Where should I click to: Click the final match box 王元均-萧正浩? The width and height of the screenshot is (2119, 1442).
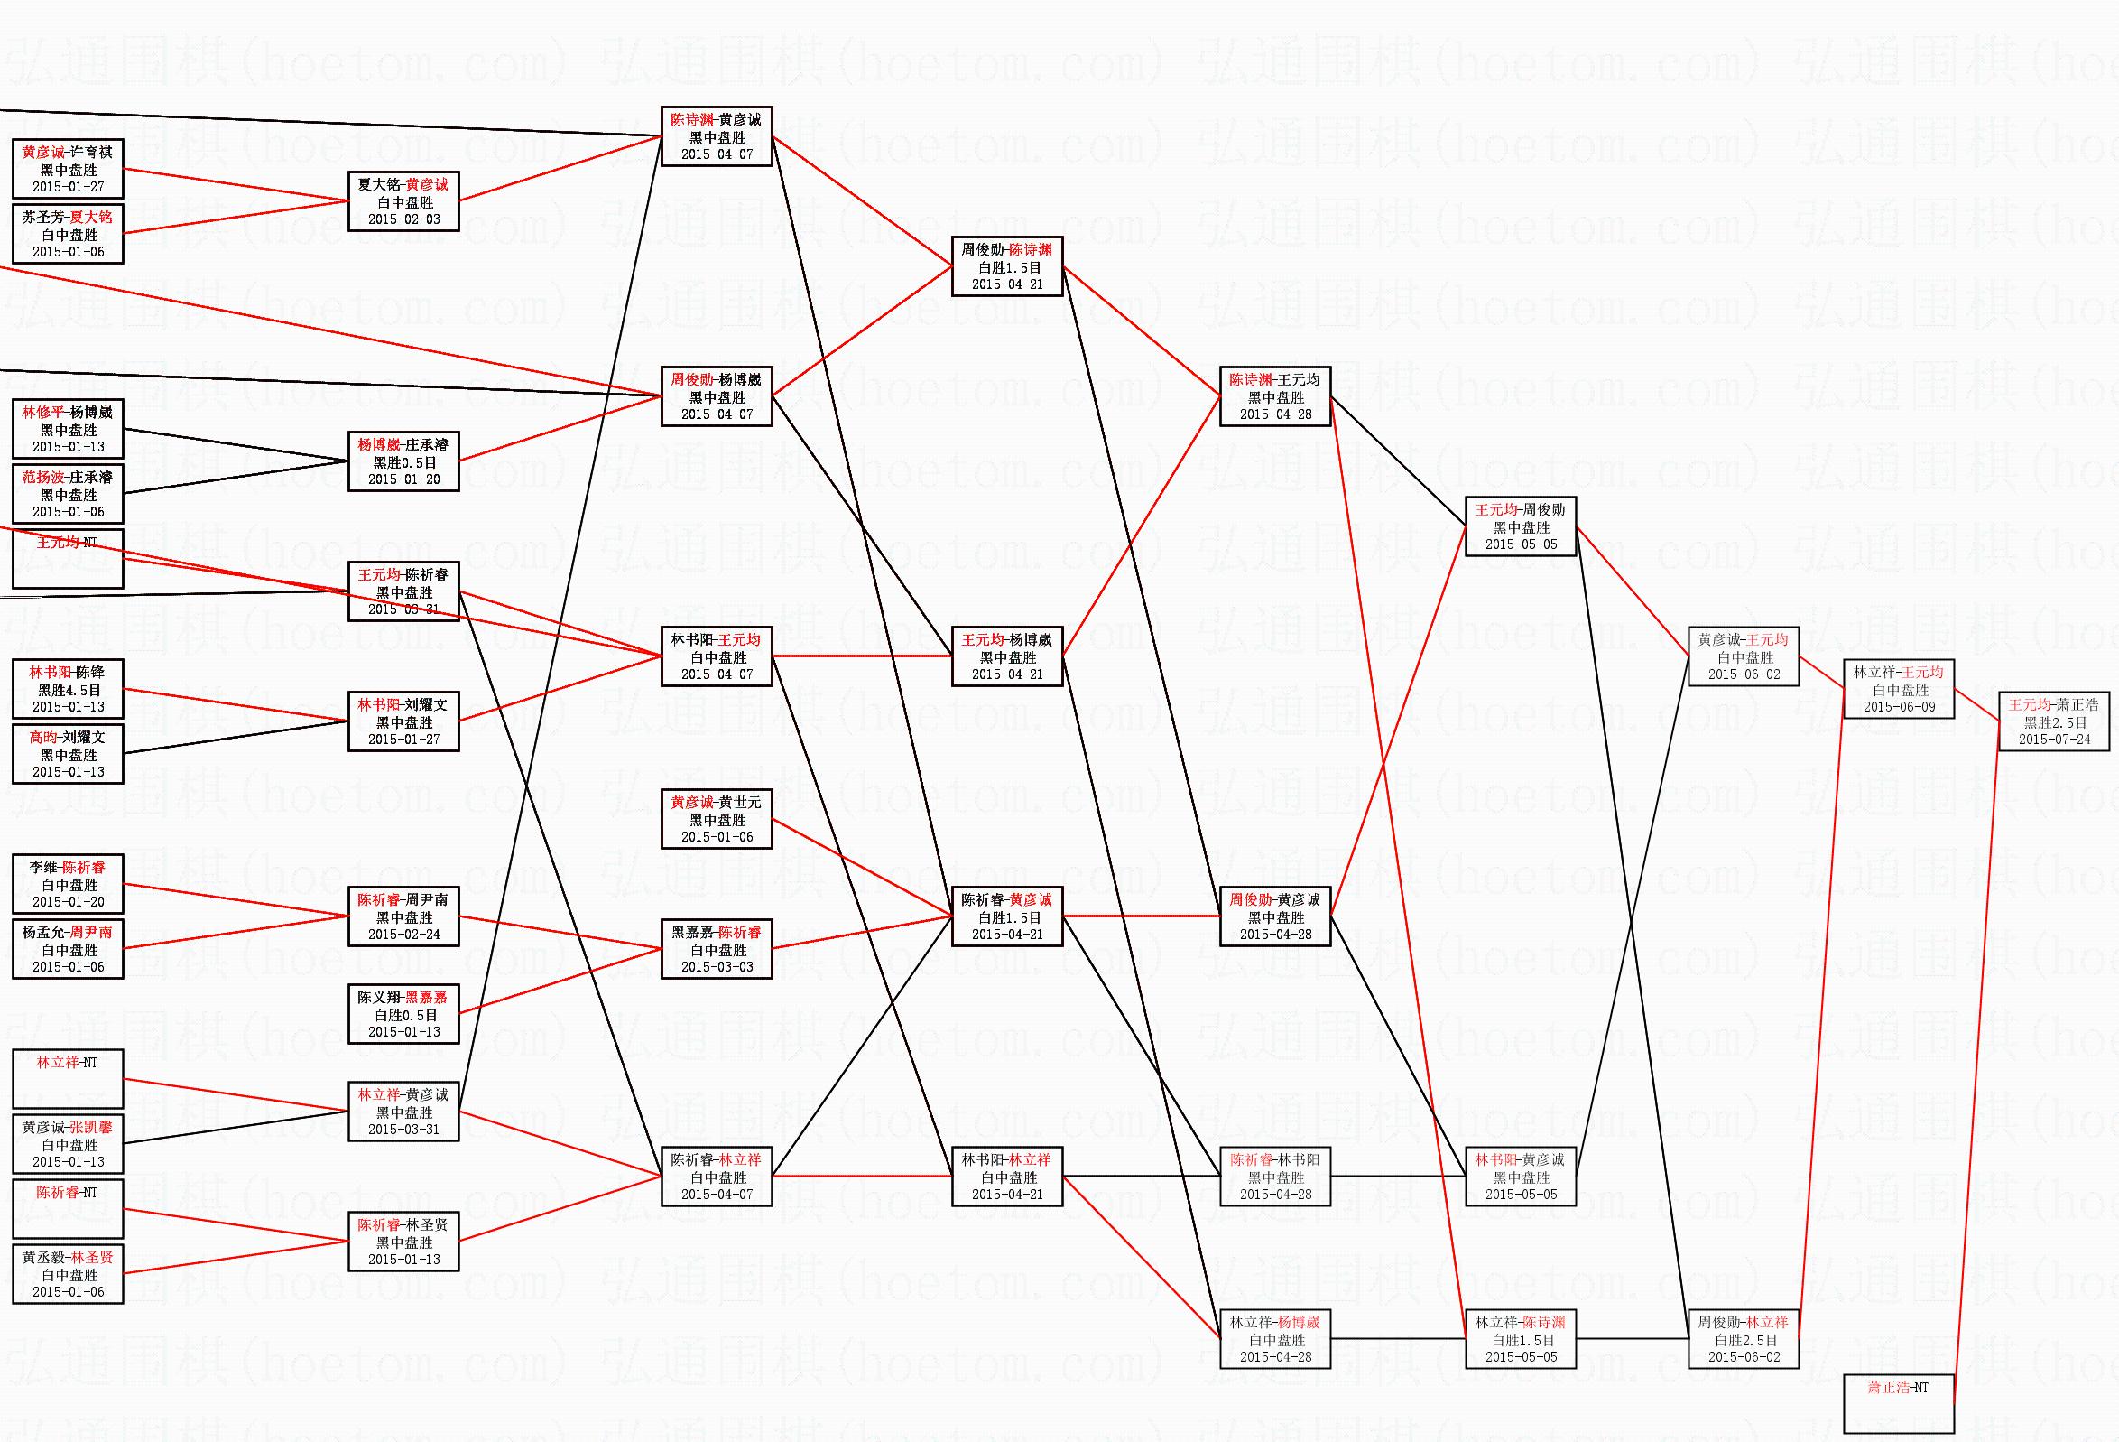tap(2053, 721)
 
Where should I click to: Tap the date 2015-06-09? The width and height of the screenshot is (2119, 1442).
tap(1899, 707)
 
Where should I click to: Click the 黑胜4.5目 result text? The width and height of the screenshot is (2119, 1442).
tap(69, 691)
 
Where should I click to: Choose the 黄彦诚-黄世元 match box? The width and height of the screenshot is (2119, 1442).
tap(717, 819)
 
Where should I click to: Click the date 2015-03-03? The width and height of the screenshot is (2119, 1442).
tap(717, 967)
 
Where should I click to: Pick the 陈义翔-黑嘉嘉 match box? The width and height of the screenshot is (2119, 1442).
tap(403, 1013)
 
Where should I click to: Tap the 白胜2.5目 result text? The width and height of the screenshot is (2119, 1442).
tap(1744, 1340)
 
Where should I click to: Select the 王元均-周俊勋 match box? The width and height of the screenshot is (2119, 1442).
tap(1520, 526)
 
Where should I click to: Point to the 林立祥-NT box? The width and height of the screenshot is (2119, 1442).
tap(68, 1079)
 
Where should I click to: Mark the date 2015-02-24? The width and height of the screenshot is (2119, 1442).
tap(403, 934)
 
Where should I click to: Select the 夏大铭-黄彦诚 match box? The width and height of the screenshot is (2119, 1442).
tap(403, 200)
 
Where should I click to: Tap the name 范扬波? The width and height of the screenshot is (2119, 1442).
tap(43, 477)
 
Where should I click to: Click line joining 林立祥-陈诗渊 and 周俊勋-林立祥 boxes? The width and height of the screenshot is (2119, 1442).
tap(1632, 1339)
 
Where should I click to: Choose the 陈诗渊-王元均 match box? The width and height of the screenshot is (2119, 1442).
tap(1274, 395)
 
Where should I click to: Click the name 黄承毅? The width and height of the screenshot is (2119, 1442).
tap(42, 1258)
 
